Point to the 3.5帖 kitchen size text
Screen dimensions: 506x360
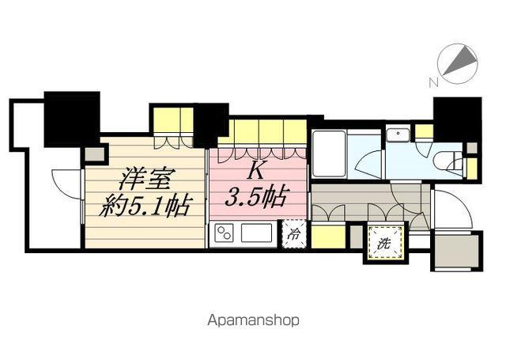pos(255,197)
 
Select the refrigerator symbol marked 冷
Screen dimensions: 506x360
pos(294,233)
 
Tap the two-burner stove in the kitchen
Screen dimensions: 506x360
pos(224,233)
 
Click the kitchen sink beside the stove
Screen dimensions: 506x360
pos(257,233)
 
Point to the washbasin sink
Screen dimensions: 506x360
pos(398,135)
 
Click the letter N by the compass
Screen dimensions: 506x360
pos(433,83)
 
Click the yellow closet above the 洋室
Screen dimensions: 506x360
pos(173,119)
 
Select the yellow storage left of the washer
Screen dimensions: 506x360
pos(328,237)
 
